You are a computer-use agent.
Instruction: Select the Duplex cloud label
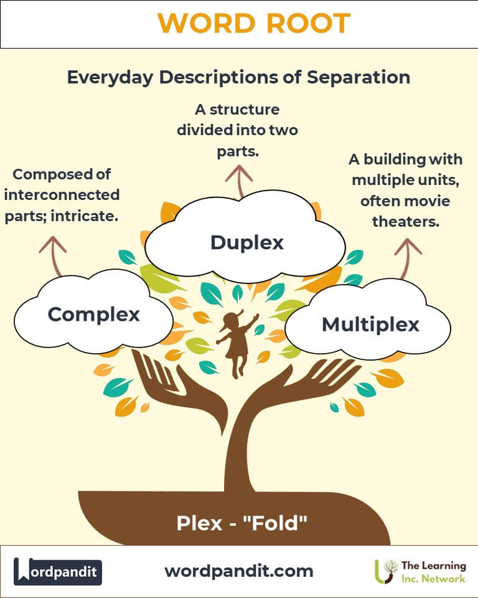246,242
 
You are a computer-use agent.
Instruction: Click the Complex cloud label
93,315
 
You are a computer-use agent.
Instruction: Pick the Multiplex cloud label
370,324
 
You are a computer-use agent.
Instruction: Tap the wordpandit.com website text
239,571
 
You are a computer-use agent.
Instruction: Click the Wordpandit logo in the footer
58,571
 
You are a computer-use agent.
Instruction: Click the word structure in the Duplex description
245,110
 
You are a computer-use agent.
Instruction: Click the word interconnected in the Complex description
62,195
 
